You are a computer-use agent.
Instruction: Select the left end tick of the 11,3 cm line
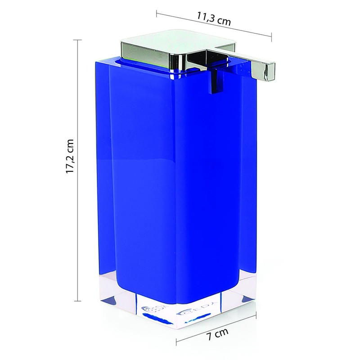coord(157,13)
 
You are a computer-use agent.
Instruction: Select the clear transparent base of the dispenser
coord(202,310)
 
